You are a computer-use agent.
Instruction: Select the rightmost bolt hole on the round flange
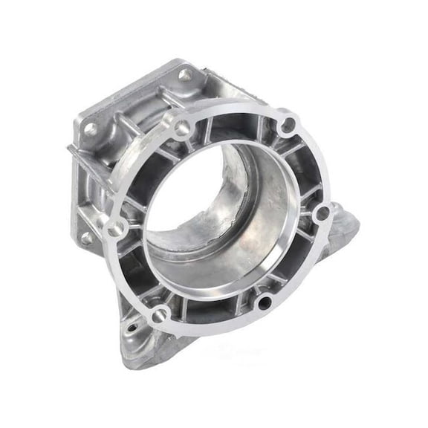coord(322,214)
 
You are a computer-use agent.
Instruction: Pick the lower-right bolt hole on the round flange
coord(265,302)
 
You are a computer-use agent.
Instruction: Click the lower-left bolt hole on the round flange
coord(159,316)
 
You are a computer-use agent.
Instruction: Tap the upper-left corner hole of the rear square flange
coord(91,129)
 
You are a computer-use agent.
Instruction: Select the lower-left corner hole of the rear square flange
coord(86,238)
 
